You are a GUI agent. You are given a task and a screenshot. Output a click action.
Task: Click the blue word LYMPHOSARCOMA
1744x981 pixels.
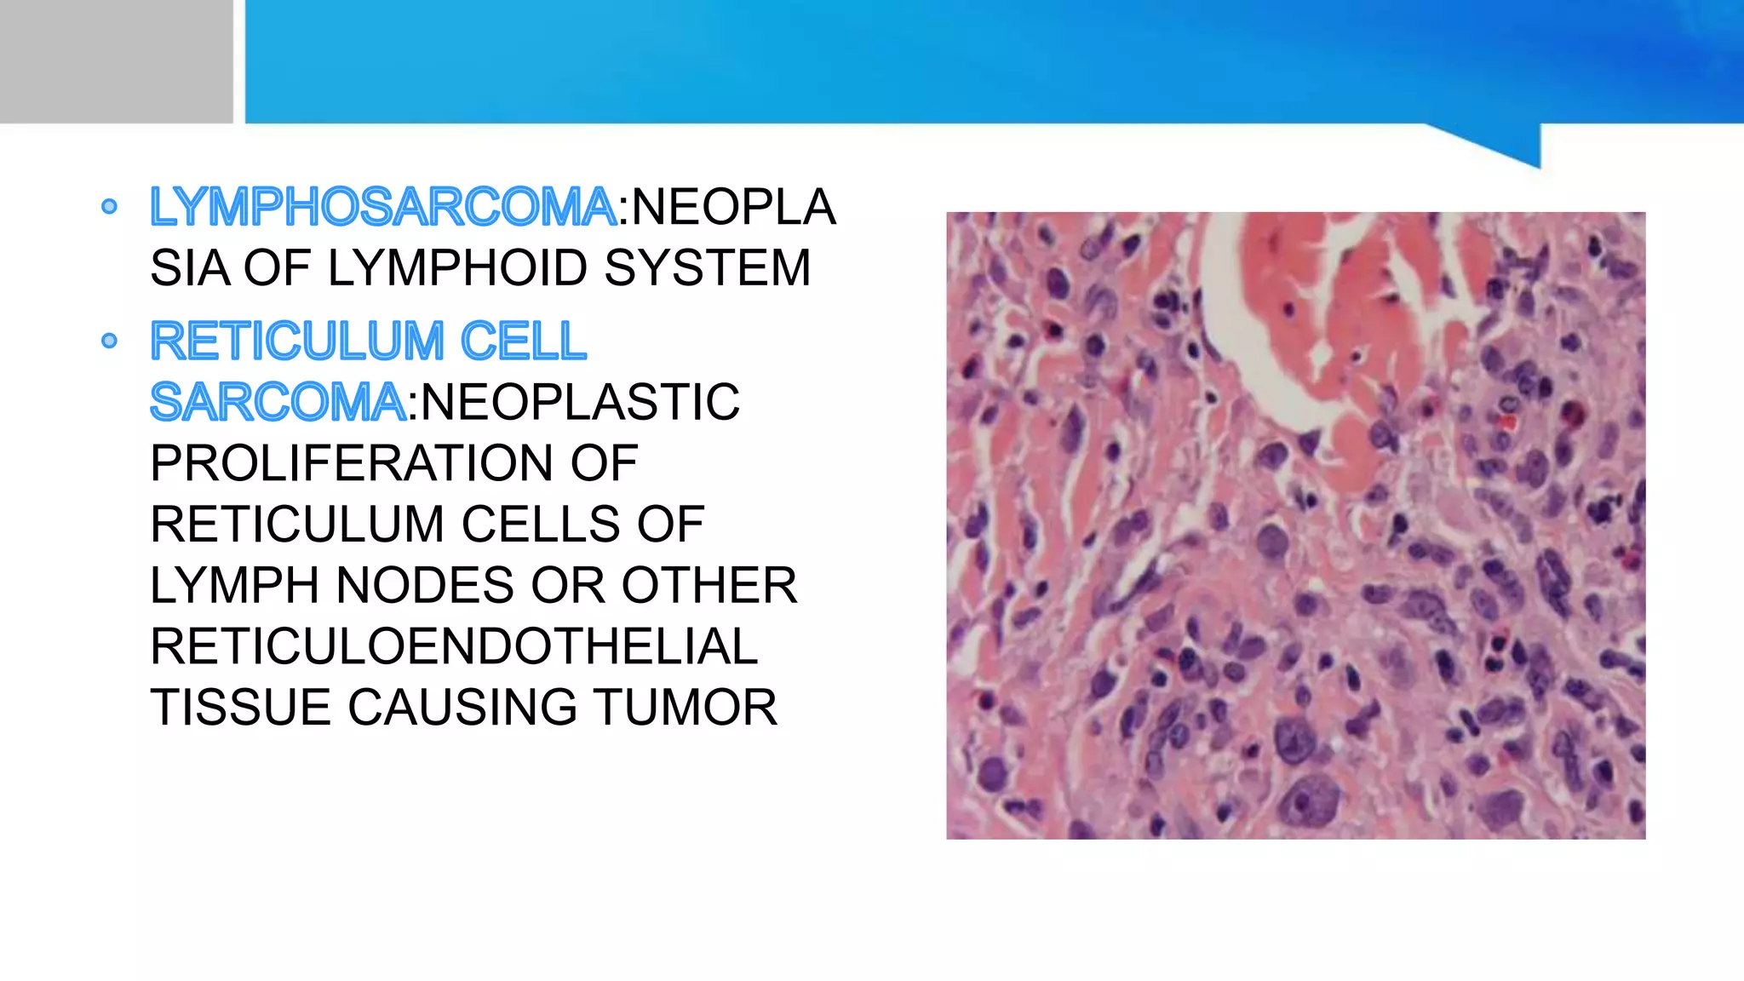(x=383, y=207)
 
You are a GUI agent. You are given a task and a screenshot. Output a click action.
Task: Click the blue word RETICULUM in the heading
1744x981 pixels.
(x=297, y=341)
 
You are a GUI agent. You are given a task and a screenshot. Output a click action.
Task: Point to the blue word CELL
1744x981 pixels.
(x=523, y=341)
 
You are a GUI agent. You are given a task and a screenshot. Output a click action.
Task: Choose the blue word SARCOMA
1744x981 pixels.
(x=278, y=402)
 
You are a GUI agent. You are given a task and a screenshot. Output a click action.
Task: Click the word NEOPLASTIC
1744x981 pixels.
(x=580, y=402)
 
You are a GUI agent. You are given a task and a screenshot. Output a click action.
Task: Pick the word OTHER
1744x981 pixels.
(x=709, y=586)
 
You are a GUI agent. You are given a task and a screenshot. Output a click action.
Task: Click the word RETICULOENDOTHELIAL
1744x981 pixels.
(x=454, y=646)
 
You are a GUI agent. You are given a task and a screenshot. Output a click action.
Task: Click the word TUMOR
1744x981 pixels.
(x=686, y=708)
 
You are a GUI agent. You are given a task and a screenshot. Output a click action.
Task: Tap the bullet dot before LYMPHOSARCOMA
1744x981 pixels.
(x=109, y=206)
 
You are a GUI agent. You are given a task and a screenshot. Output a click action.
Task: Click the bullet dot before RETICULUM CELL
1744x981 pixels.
(x=109, y=341)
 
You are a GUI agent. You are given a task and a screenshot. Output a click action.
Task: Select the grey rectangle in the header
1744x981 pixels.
(x=116, y=61)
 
